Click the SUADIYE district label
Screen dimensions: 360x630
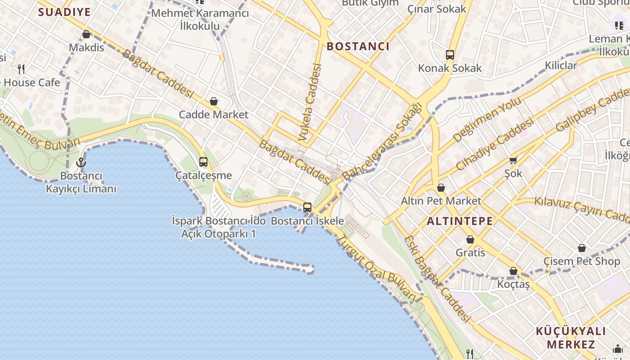(x=64, y=12)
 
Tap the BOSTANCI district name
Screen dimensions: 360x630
(x=358, y=46)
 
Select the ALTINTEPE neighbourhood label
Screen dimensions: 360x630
(x=459, y=221)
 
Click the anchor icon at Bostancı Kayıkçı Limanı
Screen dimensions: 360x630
(x=81, y=162)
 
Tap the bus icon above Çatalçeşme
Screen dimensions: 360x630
(x=203, y=162)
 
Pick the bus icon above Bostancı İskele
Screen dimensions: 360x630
(x=307, y=207)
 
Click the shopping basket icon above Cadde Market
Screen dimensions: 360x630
(x=214, y=102)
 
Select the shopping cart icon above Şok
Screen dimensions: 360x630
(x=513, y=160)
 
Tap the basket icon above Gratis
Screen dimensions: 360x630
(x=470, y=239)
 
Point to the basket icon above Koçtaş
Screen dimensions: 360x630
(x=513, y=271)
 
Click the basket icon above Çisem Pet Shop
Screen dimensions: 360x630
(x=582, y=248)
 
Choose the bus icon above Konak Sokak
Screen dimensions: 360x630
(x=450, y=55)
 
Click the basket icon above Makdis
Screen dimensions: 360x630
(x=86, y=34)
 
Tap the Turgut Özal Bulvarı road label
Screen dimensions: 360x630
(x=377, y=268)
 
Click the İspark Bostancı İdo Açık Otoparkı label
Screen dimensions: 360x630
(x=214, y=227)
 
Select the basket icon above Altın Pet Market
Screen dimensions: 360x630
(x=441, y=188)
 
